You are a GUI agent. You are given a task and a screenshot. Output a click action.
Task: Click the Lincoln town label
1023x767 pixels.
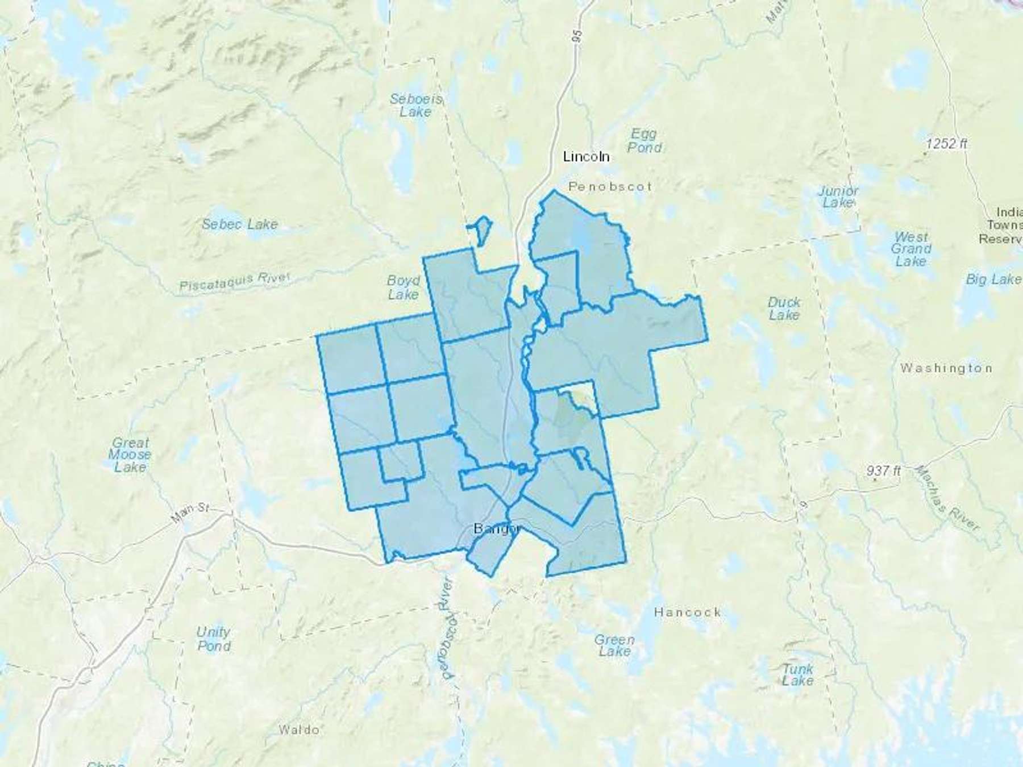[x=586, y=156]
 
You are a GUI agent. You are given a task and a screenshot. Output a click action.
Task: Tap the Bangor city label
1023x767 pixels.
[x=496, y=529]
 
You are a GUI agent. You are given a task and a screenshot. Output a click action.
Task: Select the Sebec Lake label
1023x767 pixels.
[x=240, y=224]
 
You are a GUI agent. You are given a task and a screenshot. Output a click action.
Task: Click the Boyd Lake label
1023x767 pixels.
[x=404, y=287]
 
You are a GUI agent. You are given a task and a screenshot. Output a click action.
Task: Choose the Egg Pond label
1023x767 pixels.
[x=644, y=141]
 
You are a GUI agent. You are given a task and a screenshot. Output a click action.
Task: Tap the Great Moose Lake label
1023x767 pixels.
[x=131, y=455]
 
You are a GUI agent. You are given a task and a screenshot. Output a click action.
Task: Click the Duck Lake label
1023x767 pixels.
[x=784, y=309]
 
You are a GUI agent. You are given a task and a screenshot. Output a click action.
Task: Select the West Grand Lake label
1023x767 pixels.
[x=911, y=249]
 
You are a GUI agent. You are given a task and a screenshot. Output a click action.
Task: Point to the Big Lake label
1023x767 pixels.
[x=993, y=279]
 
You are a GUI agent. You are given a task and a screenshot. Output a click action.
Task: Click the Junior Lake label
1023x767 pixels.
[x=838, y=197]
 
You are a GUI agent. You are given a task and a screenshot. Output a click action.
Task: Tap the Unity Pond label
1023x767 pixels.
[x=214, y=639]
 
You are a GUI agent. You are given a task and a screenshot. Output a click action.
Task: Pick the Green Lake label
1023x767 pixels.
[x=614, y=645]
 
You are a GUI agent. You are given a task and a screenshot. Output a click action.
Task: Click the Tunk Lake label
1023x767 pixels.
[x=797, y=674]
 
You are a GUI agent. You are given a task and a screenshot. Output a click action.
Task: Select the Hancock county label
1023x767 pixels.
[x=687, y=612]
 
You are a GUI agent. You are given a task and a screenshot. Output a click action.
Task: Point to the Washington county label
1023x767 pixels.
[x=946, y=368]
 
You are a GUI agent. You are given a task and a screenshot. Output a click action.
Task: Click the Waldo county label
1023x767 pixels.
[x=300, y=730]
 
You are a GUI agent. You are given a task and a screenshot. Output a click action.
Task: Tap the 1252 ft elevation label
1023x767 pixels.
[x=946, y=144]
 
